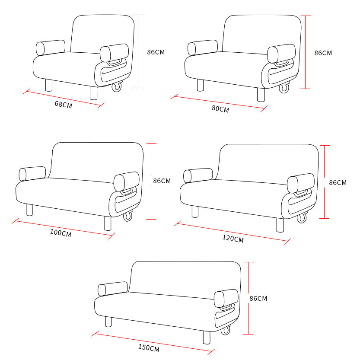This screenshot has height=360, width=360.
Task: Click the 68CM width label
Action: [64, 105]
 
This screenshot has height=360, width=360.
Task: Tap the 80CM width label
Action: [220, 109]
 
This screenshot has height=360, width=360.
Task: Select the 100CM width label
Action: [61, 233]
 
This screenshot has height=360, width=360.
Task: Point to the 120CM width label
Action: [233, 239]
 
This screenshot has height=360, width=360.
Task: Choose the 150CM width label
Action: [149, 348]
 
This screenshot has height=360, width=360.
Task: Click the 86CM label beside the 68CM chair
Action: [156, 52]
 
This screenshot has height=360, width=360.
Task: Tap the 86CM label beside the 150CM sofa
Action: [258, 299]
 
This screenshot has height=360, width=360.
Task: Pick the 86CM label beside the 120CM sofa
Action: [338, 183]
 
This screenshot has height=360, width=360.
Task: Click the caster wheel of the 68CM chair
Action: [117, 86]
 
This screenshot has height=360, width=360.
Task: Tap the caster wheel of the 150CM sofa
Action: [226, 330]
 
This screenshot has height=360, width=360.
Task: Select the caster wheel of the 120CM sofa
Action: [302, 218]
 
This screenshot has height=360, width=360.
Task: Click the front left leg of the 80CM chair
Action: [200, 85]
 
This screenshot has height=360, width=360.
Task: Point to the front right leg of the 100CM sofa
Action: [108, 223]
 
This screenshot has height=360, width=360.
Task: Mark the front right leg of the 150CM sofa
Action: [207, 338]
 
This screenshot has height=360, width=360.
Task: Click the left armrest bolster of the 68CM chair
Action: [51, 48]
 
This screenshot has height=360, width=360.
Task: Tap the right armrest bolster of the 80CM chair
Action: [281, 54]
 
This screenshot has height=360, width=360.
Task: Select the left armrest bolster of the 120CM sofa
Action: [198, 175]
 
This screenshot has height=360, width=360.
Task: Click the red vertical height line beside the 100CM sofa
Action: [151, 182]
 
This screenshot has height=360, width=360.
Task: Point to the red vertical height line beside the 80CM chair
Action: [306, 52]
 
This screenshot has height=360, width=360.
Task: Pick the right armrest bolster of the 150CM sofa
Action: [226, 298]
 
